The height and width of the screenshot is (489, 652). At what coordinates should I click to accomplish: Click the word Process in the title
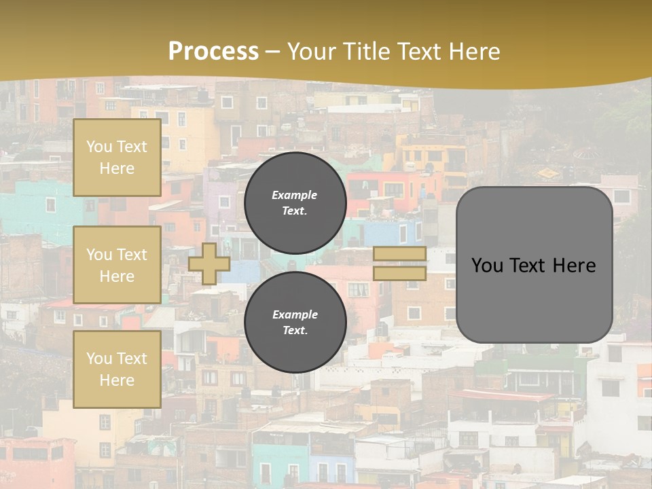[213, 51]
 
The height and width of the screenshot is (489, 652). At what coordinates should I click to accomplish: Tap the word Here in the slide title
[473, 51]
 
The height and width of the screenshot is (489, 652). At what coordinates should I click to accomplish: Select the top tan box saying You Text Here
[117, 158]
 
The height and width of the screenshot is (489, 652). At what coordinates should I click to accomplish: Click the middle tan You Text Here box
[117, 265]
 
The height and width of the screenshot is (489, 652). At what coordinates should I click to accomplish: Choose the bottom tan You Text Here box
[117, 369]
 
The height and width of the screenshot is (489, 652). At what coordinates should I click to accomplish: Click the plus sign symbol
[209, 264]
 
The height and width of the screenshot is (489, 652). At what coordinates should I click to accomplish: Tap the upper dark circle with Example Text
[295, 203]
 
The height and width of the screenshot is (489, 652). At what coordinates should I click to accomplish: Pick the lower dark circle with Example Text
[295, 322]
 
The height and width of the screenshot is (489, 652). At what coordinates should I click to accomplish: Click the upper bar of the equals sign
[399, 254]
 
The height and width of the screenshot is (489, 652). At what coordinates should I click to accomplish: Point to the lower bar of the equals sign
[399, 273]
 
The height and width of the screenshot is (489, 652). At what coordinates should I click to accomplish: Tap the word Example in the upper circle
[295, 195]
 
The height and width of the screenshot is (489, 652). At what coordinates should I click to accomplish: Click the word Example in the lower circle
[295, 314]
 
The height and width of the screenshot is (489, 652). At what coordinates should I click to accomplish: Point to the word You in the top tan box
[99, 147]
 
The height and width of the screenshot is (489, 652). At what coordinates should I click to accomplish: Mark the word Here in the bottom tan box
[117, 380]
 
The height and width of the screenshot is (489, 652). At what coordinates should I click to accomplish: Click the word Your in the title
[309, 51]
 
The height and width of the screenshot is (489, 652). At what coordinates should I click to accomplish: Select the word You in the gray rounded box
[486, 266]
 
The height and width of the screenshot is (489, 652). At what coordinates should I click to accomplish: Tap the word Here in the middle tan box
[117, 276]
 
